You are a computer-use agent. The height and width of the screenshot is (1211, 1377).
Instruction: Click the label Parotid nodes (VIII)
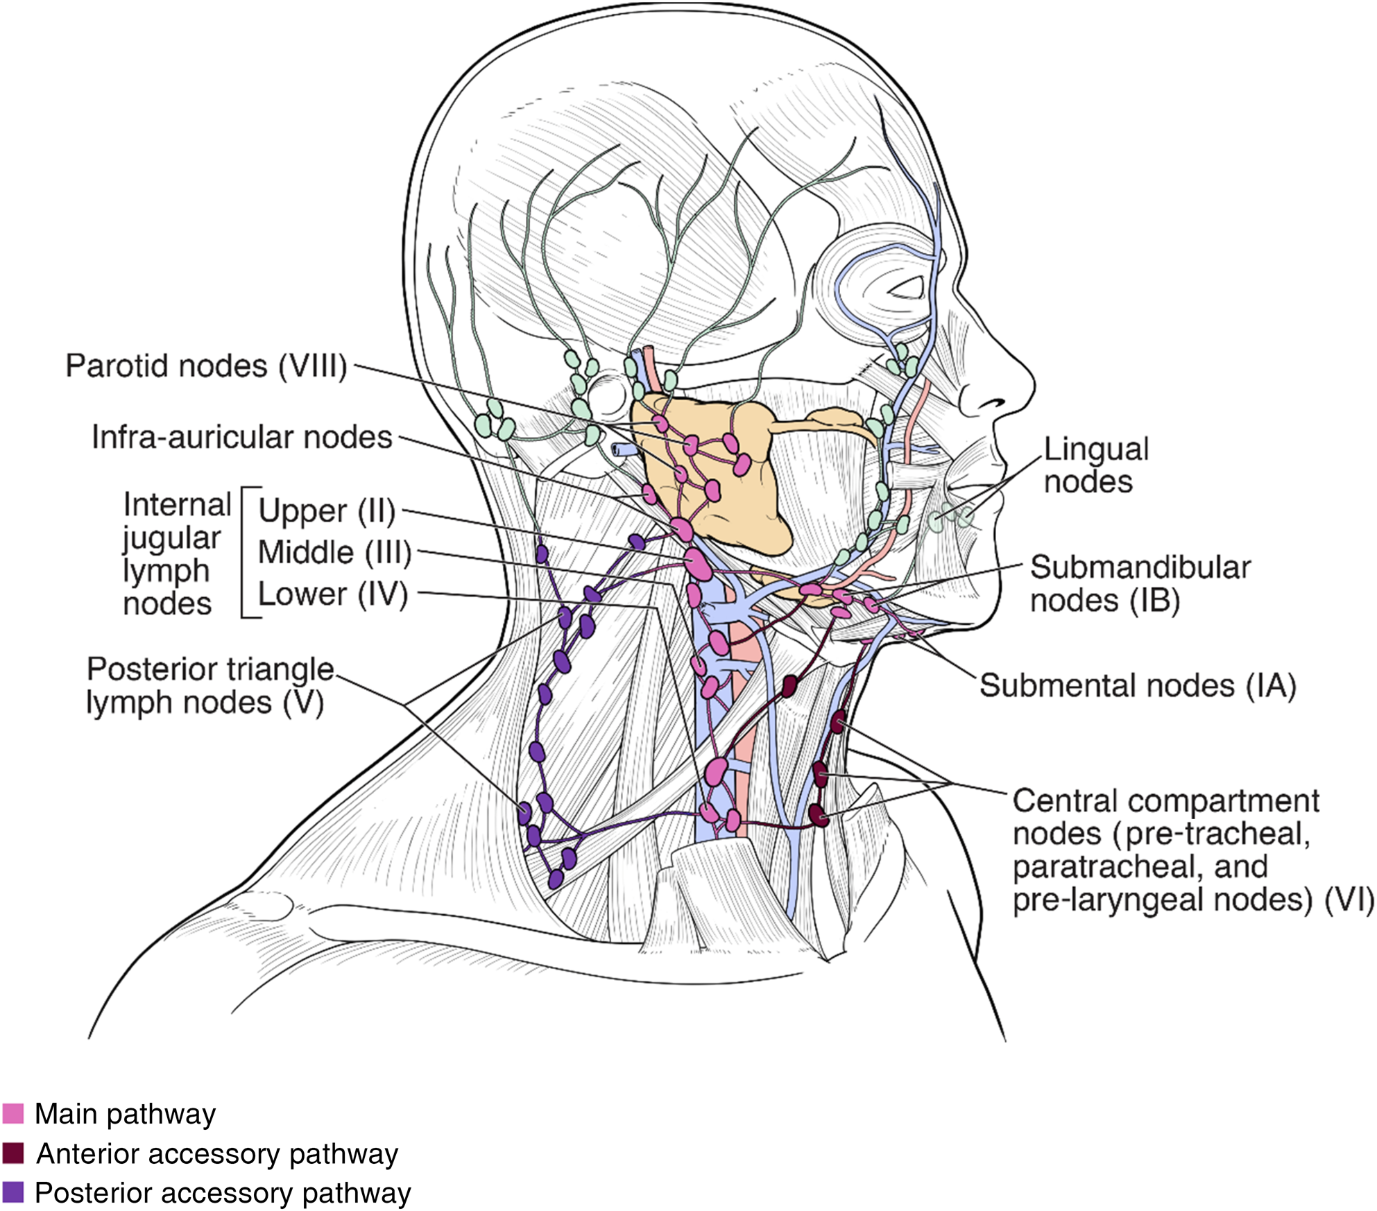[206, 366]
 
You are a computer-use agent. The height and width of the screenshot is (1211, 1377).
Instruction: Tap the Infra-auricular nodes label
[241, 438]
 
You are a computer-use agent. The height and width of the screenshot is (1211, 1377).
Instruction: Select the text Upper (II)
[326, 511]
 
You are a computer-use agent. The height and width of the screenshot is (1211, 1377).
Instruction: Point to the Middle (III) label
[334, 553]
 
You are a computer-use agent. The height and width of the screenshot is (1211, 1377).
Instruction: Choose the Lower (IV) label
[332, 594]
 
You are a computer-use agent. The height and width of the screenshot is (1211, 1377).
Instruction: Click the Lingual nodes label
[1095, 465]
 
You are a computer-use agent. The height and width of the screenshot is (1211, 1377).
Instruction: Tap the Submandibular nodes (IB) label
[1139, 584]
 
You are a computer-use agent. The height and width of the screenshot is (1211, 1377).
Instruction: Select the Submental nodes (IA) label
[1137, 686]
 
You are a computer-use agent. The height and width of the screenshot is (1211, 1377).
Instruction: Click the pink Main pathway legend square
[13, 1113]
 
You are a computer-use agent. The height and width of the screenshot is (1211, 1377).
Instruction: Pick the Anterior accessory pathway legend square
[13, 1153]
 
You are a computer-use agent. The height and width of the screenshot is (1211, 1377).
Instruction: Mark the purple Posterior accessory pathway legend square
[13, 1192]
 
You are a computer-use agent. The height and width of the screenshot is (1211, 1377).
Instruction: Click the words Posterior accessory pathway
[223, 1193]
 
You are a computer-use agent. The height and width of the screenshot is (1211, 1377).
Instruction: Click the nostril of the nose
[994, 402]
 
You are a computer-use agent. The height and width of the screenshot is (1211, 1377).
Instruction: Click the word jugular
[171, 539]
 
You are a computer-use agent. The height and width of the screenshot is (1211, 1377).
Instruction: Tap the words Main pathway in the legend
[125, 1114]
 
